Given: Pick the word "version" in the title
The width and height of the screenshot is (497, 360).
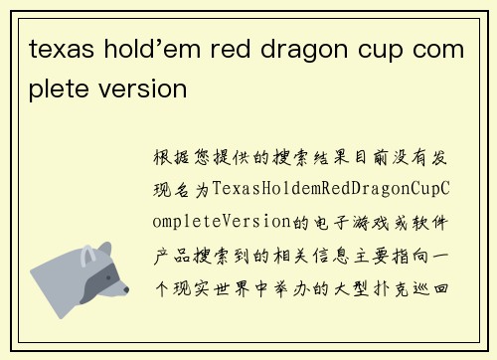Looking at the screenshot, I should click(145, 89).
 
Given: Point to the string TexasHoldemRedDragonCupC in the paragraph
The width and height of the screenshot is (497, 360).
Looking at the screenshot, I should click(332, 188).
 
